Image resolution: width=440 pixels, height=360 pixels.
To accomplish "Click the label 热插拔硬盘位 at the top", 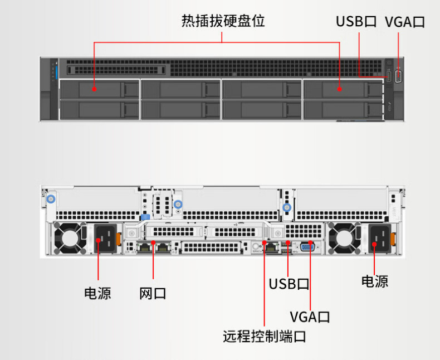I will pyautogui.click(x=223, y=22).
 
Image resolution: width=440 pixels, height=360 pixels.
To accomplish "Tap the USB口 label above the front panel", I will pyautogui.click(x=356, y=22).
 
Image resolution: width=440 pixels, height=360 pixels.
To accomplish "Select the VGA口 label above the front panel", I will pyautogui.click(x=405, y=22).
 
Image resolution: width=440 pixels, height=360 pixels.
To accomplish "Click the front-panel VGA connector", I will pyautogui.click(x=398, y=76).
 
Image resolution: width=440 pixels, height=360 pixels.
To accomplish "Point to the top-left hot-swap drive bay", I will pyautogui.click(x=99, y=89).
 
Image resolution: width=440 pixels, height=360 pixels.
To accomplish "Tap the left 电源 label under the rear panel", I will pyautogui.click(x=97, y=293).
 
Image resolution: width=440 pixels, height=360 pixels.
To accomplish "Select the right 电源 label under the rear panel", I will pyautogui.click(x=375, y=281).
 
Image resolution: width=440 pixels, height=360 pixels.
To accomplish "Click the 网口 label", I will pyautogui.click(x=153, y=293).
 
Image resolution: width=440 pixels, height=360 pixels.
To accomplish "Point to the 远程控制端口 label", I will pyautogui.click(x=264, y=337).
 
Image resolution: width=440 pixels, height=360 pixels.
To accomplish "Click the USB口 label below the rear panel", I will pyautogui.click(x=289, y=284).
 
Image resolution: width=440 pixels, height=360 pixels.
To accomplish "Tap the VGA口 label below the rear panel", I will pyautogui.click(x=310, y=317).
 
